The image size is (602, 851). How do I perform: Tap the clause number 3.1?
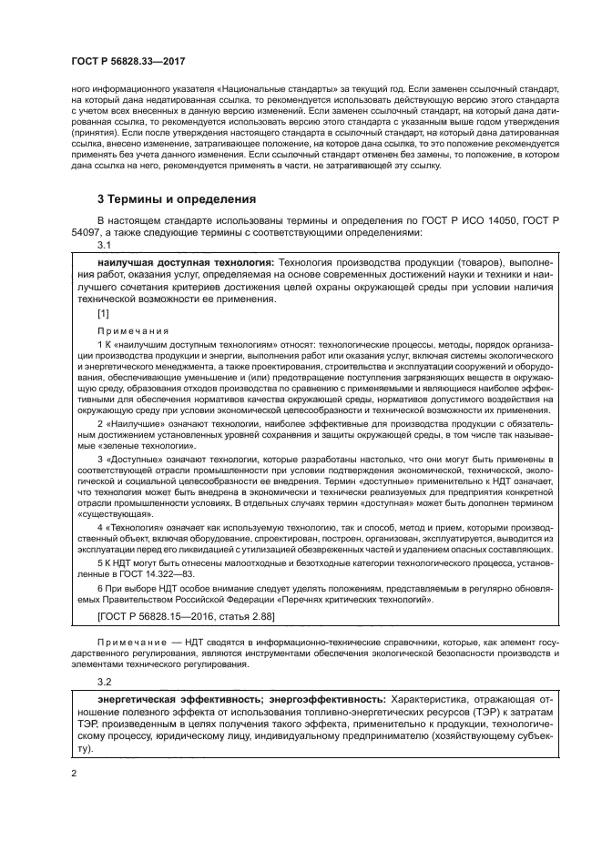point(103,246)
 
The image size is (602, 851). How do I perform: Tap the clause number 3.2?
point(103,682)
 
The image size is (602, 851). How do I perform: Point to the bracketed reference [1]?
point(103,313)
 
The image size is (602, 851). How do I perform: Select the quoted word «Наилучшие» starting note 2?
point(133,424)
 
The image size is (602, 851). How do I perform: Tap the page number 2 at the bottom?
point(74,775)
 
